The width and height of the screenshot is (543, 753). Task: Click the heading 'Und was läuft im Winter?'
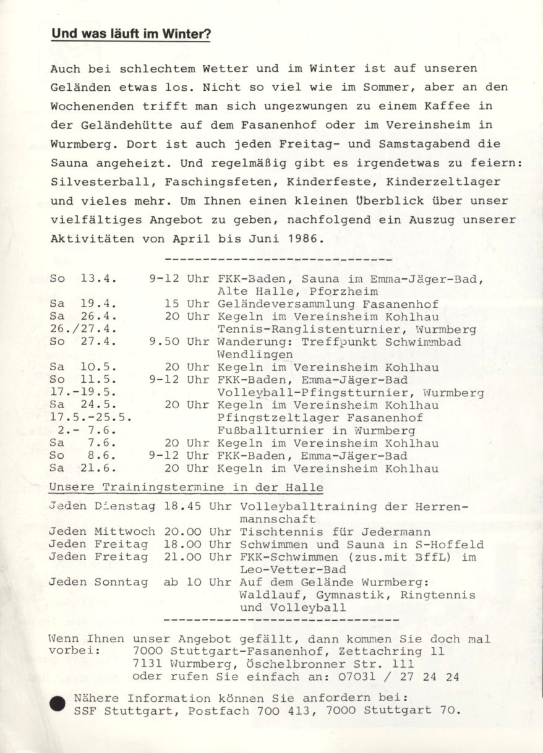pos(131,35)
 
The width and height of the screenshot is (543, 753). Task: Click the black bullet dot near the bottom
pos(58,704)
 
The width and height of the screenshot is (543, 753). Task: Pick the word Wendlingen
pos(255,355)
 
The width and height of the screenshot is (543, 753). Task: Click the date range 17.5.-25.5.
pos(91,418)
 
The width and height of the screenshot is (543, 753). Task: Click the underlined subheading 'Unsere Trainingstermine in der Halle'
pos(186,487)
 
